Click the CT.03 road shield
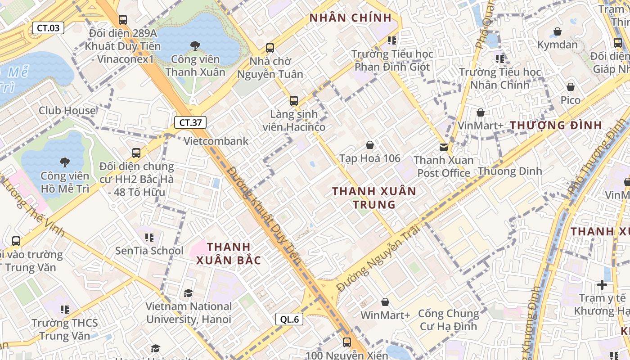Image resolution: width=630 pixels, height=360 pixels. (48, 28)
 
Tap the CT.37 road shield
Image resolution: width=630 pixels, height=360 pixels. (190, 122)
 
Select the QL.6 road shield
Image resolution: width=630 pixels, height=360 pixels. (289, 319)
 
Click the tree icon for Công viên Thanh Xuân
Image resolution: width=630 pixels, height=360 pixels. (195, 45)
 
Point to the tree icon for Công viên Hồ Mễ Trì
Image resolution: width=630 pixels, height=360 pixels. (65, 162)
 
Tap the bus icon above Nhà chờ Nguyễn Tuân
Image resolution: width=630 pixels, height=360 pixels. (270, 48)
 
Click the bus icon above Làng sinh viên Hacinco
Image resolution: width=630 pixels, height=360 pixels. (294, 101)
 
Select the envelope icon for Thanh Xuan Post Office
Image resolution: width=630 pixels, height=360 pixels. (444, 147)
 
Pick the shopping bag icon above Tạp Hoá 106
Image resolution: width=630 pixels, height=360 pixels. (370, 145)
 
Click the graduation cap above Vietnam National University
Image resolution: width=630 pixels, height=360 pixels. (188, 293)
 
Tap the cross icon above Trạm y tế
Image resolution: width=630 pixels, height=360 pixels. (602, 284)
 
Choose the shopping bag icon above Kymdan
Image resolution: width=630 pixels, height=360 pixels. (558, 31)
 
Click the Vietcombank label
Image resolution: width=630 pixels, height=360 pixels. (216, 141)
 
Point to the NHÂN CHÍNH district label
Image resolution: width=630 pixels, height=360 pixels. (351, 18)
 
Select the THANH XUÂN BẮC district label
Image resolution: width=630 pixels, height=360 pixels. (229, 253)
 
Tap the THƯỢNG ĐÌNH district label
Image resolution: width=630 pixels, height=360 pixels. (556, 126)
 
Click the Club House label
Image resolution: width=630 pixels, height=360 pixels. (67, 111)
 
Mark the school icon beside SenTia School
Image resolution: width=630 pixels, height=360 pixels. (149, 237)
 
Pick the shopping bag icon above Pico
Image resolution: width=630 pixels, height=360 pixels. (571, 87)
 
